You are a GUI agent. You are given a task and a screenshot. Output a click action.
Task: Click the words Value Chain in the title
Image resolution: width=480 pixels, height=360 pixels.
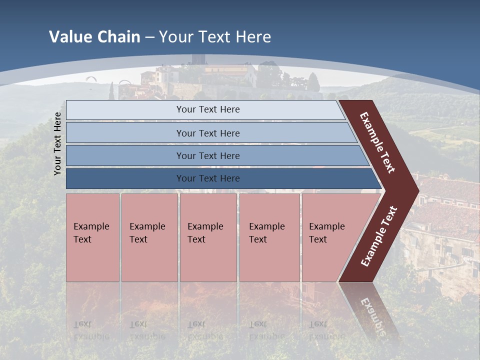[x=94, y=37]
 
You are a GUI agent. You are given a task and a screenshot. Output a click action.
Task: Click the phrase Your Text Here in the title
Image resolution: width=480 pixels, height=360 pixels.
[x=215, y=37]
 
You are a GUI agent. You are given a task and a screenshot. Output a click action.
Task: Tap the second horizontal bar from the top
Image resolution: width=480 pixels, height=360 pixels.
[x=207, y=133]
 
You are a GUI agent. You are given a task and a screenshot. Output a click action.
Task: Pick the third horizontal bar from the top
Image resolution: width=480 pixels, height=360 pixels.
[x=207, y=155]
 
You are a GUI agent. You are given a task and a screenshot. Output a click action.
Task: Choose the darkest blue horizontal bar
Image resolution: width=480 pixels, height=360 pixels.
[x=207, y=178]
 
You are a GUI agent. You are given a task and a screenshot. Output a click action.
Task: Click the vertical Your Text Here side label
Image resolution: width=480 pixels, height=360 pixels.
[x=57, y=143]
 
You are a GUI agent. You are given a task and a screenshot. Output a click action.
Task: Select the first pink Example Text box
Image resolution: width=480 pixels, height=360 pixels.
[x=92, y=237]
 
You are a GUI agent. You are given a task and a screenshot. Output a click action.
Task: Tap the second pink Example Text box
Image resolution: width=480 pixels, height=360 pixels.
[x=149, y=237]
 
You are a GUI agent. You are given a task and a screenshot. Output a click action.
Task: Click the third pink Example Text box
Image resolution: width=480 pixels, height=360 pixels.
[x=207, y=237]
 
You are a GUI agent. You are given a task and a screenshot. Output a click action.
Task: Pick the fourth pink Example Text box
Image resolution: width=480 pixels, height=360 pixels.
[x=269, y=237]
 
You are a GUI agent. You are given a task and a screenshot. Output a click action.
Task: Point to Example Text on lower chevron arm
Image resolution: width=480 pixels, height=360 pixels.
[x=379, y=236]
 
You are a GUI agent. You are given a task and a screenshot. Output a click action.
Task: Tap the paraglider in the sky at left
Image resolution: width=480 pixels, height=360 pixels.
[x=90, y=78]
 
